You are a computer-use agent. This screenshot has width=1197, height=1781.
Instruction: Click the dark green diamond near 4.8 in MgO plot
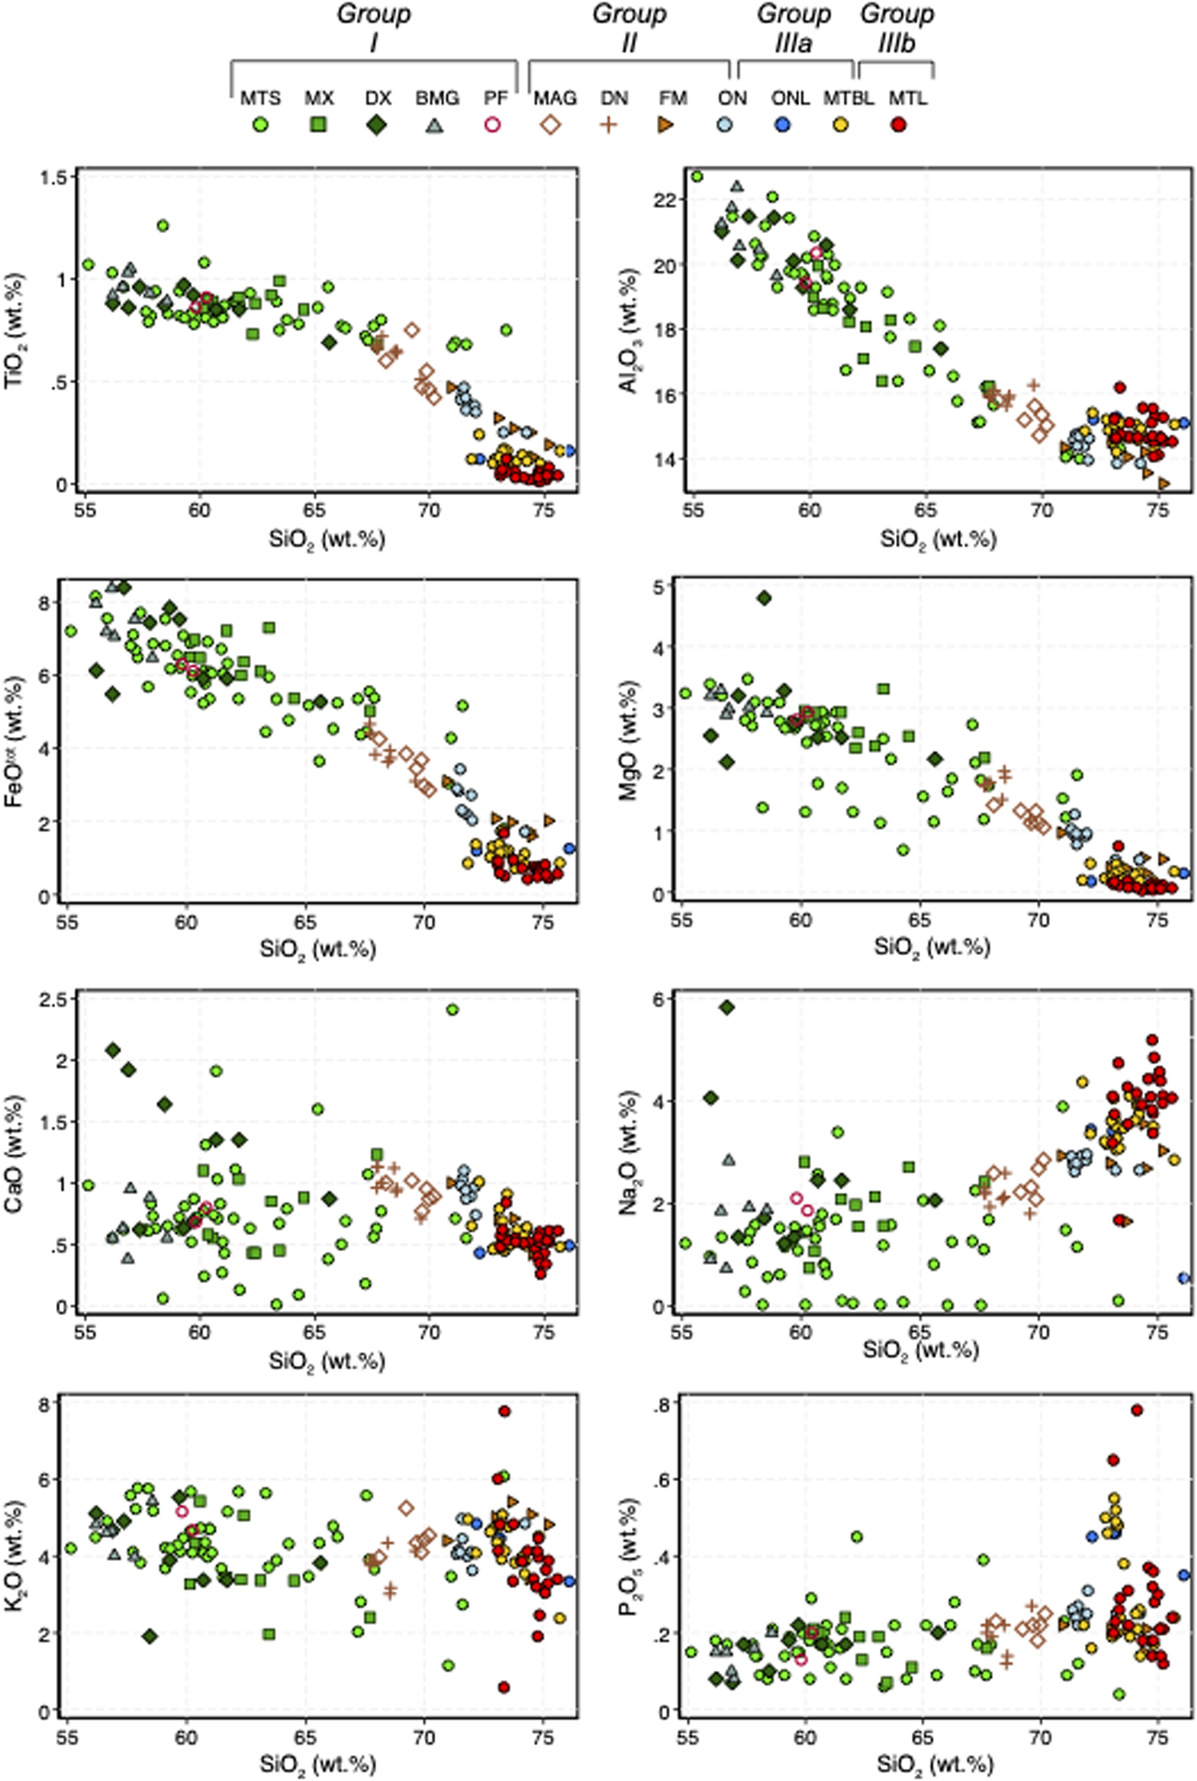click(x=763, y=598)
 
